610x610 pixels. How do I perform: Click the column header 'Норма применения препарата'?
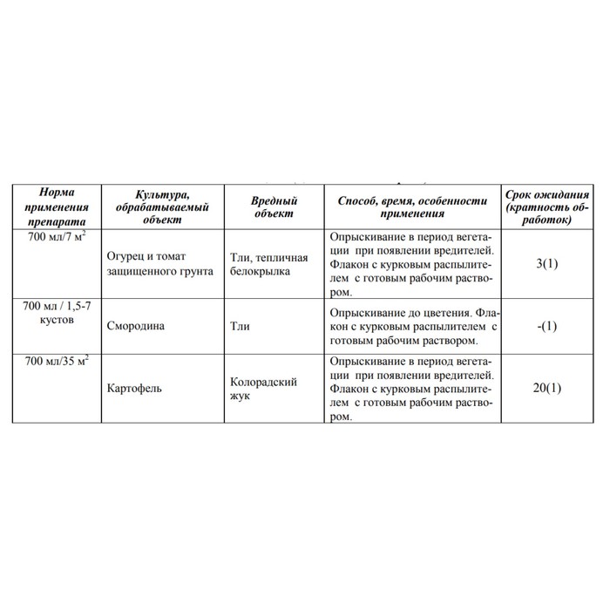(59, 207)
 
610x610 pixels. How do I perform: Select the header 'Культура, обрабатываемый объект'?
(163, 207)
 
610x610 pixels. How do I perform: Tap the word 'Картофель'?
(133, 387)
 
